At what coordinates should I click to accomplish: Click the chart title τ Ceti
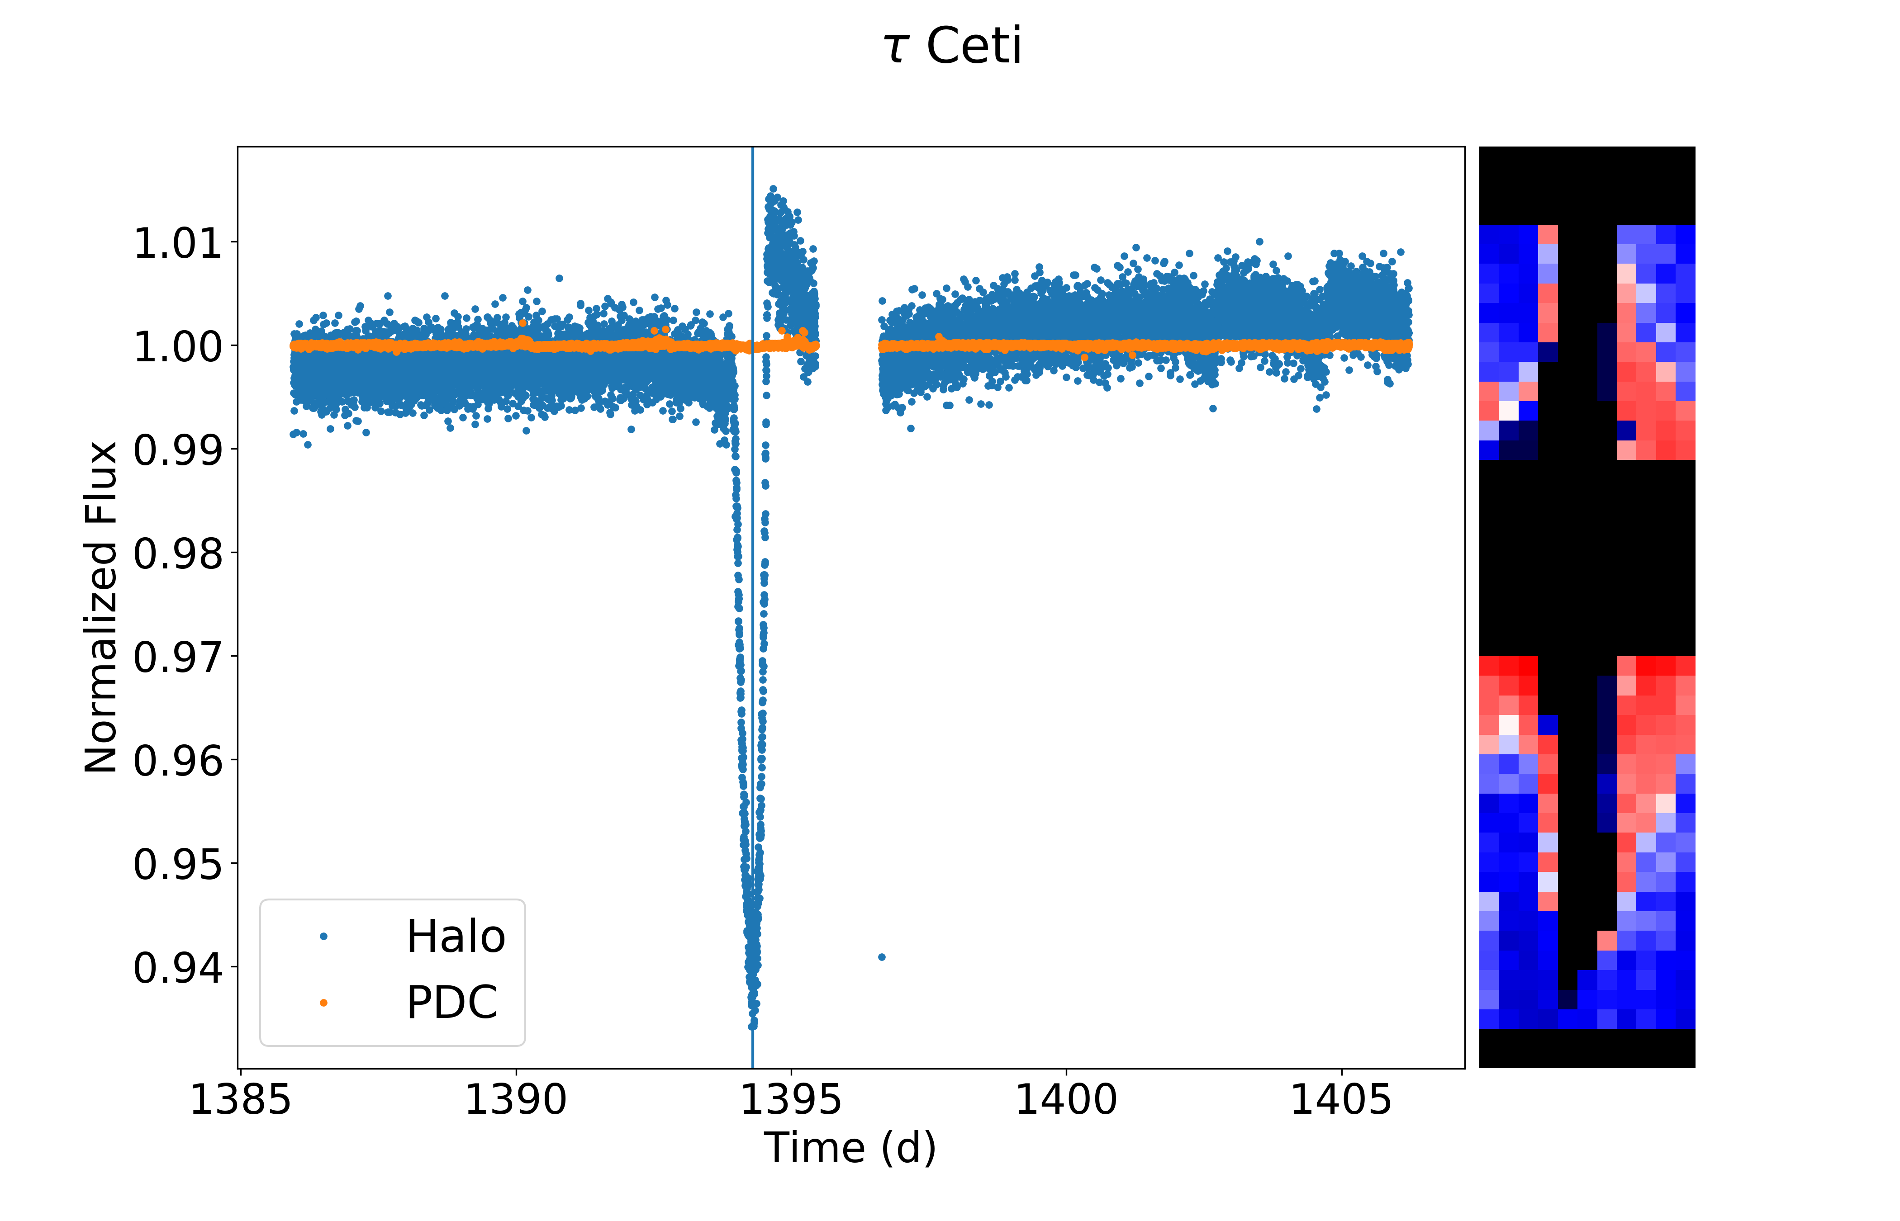tap(952, 46)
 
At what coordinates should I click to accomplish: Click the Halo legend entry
tap(455, 937)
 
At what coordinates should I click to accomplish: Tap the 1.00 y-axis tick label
tap(178, 346)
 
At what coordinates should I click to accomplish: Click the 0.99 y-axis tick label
tap(178, 450)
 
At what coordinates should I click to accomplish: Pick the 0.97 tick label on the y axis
tap(178, 657)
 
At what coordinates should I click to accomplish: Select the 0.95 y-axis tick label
tap(178, 864)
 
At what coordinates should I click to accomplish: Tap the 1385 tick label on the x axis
tap(240, 1100)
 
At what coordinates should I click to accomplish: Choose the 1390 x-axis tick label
tap(515, 1100)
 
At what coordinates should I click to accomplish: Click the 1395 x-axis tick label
tap(791, 1100)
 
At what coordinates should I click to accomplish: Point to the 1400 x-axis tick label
tap(1066, 1100)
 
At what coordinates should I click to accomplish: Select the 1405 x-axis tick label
tap(1341, 1100)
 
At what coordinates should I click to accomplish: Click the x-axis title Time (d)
tap(850, 1148)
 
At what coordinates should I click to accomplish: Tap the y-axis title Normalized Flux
tap(101, 607)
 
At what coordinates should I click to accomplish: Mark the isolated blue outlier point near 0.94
tap(882, 957)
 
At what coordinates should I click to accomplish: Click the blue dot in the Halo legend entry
tap(323, 937)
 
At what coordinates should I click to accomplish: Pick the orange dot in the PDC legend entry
tap(323, 1003)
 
